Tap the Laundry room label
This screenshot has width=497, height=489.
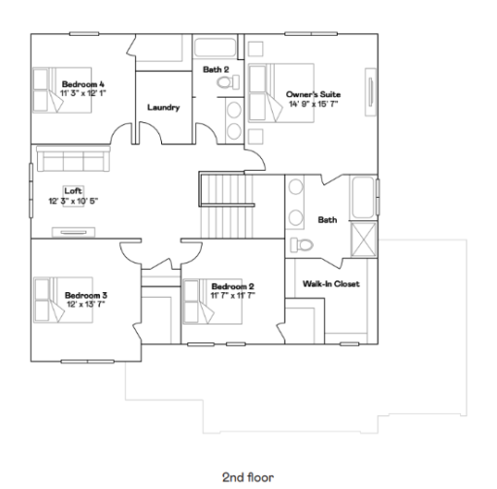163,108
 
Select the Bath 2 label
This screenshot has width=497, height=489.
215,70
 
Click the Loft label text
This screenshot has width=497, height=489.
73,190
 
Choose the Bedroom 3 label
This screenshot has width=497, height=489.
85,294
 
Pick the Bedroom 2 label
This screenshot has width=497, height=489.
233,286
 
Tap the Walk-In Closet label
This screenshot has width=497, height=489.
330,284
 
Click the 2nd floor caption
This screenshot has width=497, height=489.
247,476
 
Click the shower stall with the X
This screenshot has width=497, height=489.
364,236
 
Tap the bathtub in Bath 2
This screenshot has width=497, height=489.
217,48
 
